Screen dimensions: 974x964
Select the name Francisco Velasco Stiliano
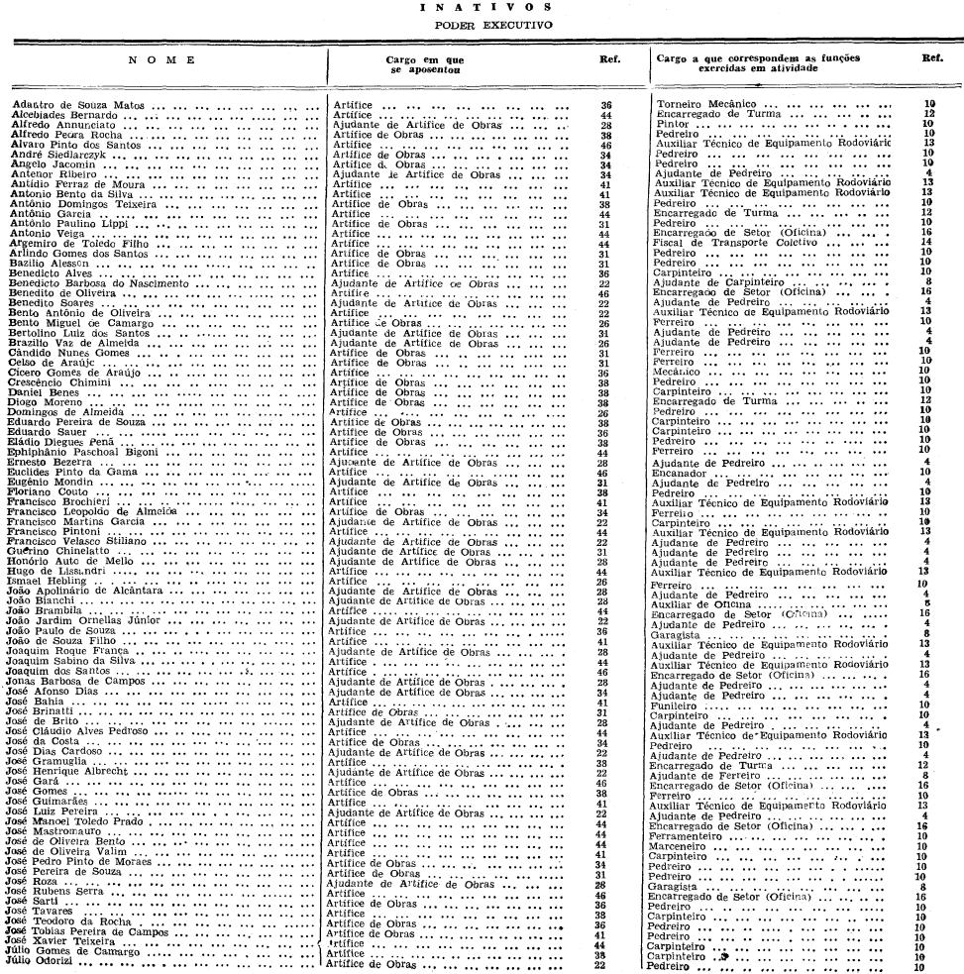(76, 542)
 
